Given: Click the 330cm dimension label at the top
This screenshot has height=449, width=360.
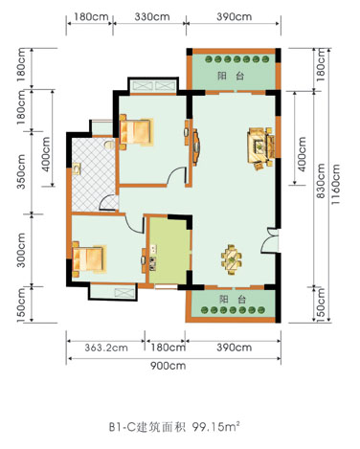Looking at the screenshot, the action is coord(152,16).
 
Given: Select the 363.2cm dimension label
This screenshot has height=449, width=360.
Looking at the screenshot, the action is coord(106,348).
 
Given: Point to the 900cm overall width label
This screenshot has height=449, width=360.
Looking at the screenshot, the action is coord(168,366).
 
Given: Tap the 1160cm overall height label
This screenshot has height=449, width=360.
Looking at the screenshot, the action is coord(335,185).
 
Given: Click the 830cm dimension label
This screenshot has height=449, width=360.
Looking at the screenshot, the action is coord(320,181).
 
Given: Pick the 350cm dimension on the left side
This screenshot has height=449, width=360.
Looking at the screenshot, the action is coord(21,171).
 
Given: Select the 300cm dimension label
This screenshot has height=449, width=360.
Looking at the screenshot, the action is coord(21,250).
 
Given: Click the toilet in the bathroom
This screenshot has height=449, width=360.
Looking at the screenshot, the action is coord(109,145).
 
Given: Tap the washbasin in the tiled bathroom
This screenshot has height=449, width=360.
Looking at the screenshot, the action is coord(77,168).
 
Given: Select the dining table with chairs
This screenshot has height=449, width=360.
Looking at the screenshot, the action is coord(232,259).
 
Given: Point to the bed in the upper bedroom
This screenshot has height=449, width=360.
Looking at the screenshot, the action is coord(136,132).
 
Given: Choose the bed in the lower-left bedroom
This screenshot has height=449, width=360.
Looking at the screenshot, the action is coord(89,259).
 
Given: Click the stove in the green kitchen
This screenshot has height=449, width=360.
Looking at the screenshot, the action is coord(152,264).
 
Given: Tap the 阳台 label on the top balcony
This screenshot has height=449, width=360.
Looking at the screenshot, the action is coord(231,77).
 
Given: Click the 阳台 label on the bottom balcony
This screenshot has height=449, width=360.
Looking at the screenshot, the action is coord(233,300).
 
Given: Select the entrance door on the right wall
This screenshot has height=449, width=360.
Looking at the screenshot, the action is coord(269,240).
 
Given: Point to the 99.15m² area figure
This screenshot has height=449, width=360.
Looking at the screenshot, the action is coord(215,427).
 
